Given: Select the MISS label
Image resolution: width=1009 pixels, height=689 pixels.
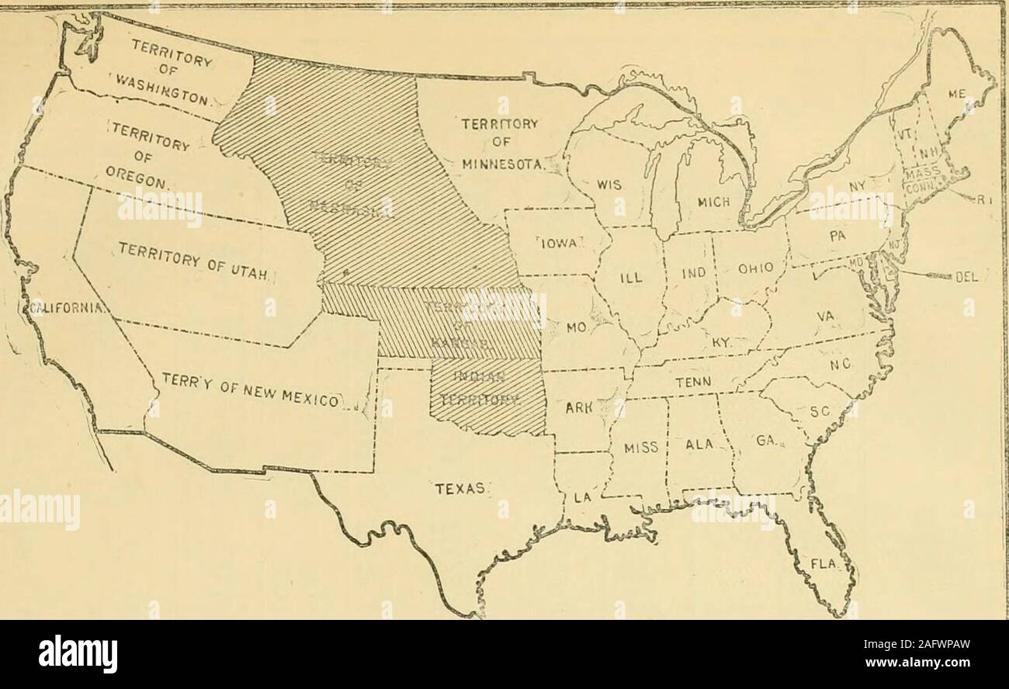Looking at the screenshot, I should click(641, 446).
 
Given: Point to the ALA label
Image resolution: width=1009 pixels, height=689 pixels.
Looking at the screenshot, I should click(699, 444).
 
